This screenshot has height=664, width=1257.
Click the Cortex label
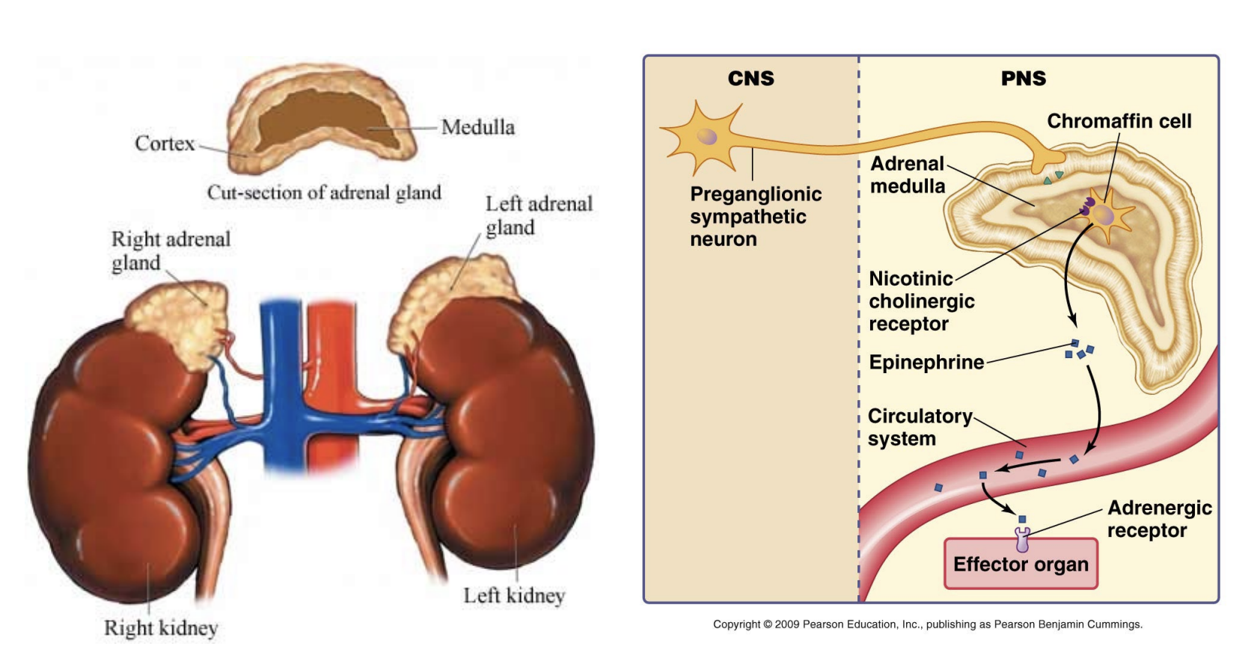(165, 143)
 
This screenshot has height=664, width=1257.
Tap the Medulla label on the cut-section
(477, 127)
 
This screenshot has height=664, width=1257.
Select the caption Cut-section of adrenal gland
(324, 192)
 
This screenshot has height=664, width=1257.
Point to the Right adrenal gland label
(171, 250)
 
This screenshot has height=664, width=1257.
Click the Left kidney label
(514, 595)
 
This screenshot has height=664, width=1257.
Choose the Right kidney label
(161, 627)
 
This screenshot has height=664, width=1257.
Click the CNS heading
(750, 79)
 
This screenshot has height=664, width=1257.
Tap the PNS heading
(1024, 79)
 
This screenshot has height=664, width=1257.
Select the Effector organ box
(1021, 564)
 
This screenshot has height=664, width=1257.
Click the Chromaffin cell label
(1119, 121)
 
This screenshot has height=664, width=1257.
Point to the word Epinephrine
(926, 363)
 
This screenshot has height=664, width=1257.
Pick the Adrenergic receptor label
(1159, 519)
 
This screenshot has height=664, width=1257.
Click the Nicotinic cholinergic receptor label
(921, 301)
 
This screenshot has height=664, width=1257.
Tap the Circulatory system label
(920, 427)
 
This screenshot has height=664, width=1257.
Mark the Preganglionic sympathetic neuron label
(755, 217)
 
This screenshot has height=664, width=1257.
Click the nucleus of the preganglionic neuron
(707, 136)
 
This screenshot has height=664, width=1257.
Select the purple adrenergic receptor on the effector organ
(1022, 538)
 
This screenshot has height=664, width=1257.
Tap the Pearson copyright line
(927, 624)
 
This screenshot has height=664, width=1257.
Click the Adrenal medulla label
(908, 175)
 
